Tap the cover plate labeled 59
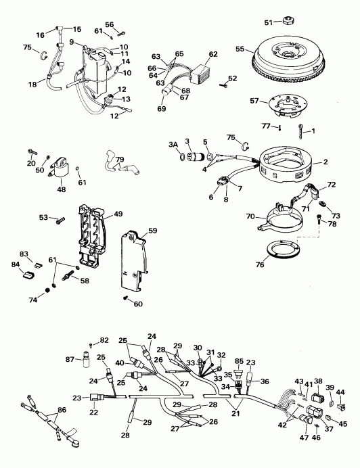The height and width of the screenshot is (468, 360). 136,261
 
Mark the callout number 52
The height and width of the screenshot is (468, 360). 233,78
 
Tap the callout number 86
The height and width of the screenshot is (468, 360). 63,410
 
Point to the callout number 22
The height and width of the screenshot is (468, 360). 91,412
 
